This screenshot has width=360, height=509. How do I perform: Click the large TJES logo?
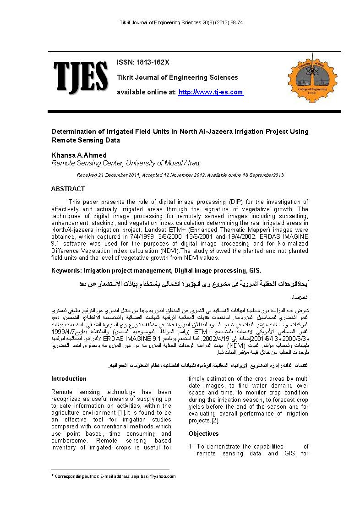pyautogui.click(x=81, y=76)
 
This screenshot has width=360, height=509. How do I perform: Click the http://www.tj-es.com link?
pyautogui.click(x=210, y=92)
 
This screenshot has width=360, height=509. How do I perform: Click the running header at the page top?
pyautogui.click(x=180, y=22)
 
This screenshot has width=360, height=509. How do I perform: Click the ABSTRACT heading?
pyautogui.click(x=68, y=189)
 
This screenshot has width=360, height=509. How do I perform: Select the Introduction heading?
pyautogui.click(x=69, y=378)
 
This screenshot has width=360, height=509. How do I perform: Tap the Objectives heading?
pyautogui.click(x=204, y=433)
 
